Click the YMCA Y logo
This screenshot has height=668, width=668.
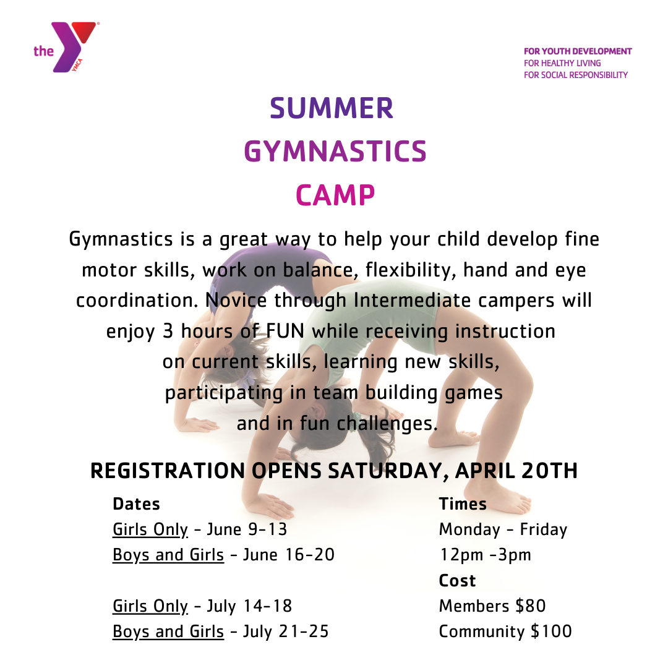[x=71, y=47]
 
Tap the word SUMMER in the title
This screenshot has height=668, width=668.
[x=332, y=108]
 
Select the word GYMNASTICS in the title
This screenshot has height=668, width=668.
[x=335, y=152]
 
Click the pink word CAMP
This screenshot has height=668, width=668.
[x=335, y=195]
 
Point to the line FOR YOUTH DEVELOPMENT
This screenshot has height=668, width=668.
[x=578, y=51]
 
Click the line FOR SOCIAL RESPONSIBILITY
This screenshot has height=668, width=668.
[x=576, y=75]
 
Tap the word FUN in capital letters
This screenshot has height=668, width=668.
[x=285, y=331]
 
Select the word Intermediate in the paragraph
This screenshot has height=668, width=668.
[x=412, y=301]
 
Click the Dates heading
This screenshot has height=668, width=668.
[x=136, y=504]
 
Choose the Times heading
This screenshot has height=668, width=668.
[x=463, y=504]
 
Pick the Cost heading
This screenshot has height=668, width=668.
[x=457, y=581]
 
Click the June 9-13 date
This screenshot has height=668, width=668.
[x=247, y=529]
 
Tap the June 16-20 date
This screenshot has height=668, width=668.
[x=289, y=555]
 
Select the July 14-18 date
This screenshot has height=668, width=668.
[x=250, y=606]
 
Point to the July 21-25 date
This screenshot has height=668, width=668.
[x=286, y=632]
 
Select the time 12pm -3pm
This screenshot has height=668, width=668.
[x=486, y=555]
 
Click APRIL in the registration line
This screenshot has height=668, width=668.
[x=484, y=471]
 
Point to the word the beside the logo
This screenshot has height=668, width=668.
[x=43, y=51]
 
